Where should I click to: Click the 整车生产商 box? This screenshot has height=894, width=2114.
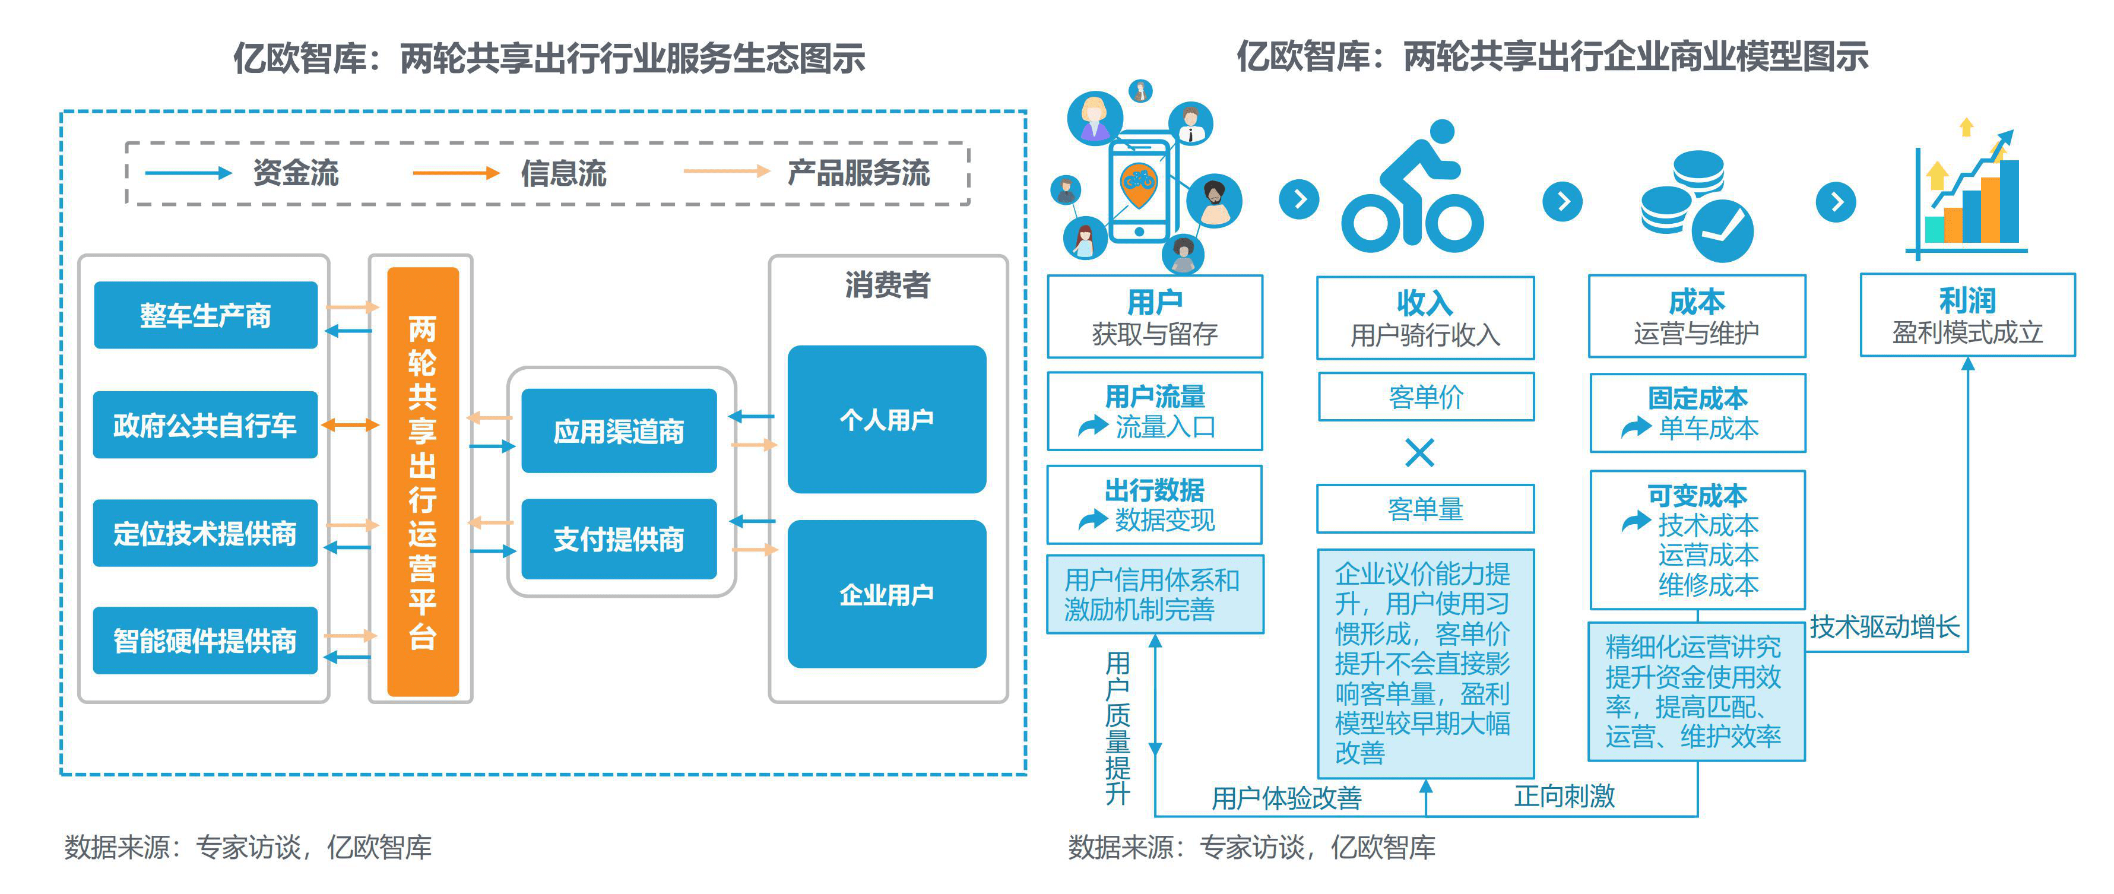205,315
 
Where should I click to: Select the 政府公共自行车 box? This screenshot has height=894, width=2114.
205,424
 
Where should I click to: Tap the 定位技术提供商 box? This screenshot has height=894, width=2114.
205,533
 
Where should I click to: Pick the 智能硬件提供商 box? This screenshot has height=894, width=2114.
205,641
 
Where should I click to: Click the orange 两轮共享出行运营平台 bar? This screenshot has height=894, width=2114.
423,482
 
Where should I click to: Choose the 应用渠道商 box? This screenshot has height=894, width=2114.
619,431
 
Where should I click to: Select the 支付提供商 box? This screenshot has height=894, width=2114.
619,540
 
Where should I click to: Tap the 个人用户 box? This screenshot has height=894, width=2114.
886,420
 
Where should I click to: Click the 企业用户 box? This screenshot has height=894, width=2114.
886,594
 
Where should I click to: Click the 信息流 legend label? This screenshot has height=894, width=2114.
563,173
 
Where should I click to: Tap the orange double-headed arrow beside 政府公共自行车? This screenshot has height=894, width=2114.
350,424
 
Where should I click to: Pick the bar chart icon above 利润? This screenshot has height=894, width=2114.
1968,194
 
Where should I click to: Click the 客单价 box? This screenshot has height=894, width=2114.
1425,397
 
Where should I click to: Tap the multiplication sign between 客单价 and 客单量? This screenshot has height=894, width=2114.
1420,452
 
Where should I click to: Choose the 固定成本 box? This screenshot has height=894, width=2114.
1697,412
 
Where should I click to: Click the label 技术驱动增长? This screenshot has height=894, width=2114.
1884,627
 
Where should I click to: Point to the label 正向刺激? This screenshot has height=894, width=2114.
1564,795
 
